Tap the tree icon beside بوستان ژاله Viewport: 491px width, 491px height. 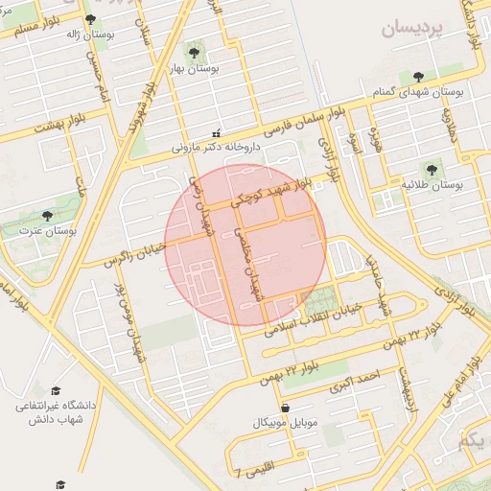click(x=91, y=19)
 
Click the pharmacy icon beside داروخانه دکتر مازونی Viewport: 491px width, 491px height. click(x=217, y=133)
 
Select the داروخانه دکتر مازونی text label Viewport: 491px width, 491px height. click(x=216, y=148)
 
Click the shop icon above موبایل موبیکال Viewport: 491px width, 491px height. click(x=284, y=408)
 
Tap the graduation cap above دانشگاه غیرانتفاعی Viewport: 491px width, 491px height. click(x=55, y=391)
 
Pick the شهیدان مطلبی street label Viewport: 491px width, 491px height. click(x=246, y=267)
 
